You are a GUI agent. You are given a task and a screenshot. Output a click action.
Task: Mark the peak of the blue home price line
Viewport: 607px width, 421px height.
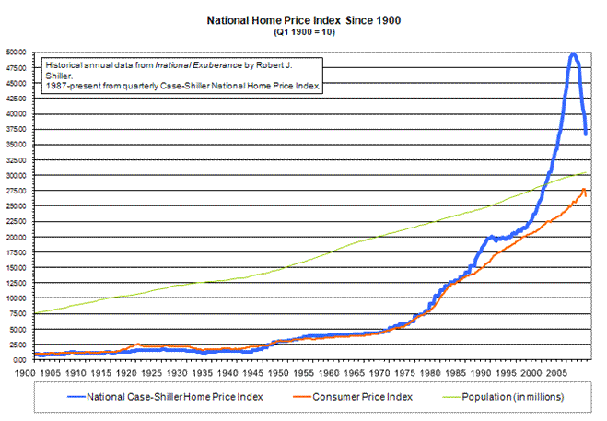coord(573,53)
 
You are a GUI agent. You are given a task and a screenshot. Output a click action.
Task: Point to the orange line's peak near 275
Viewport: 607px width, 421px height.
coord(583,190)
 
